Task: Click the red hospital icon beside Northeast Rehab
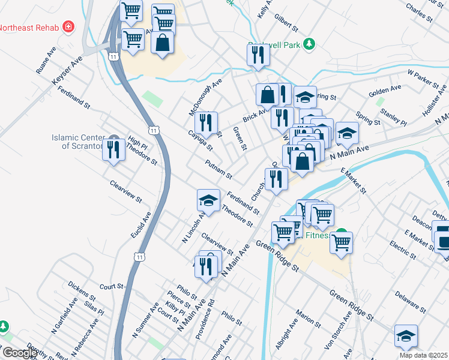tap(69, 27)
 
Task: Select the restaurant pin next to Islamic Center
tap(113, 150)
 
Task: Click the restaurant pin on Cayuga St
tap(206, 123)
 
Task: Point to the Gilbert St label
tap(286, 23)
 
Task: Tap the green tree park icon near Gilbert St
tap(309, 44)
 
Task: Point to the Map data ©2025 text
tap(423, 355)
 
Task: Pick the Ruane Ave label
tap(46, 61)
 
